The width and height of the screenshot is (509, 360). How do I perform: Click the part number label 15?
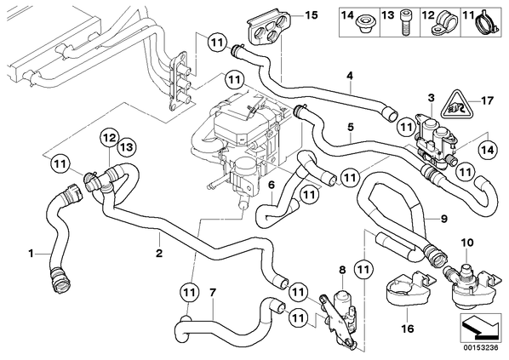coord(311,15)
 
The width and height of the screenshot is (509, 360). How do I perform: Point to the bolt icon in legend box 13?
coord(405,24)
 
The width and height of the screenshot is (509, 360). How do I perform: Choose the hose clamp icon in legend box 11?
coord(487,23)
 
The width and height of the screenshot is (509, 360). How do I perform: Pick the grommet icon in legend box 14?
coord(364,25)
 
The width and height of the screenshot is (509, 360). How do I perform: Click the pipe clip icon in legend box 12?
coord(443,23)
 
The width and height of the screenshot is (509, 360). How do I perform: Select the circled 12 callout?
coord(110,138)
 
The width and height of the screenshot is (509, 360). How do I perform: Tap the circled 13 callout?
coord(127,148)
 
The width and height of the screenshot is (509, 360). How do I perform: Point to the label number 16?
coord(408,329)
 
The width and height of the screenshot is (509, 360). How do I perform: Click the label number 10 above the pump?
coord(467,243)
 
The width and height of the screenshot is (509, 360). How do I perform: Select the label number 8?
coord(343,270)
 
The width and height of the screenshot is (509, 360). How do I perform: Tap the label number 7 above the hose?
coord(212,293)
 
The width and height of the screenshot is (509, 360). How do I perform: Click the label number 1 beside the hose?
coord(31,253)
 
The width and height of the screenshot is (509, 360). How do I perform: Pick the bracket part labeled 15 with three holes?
coord(269,26)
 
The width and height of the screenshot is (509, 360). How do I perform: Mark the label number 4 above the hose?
coord(349,76)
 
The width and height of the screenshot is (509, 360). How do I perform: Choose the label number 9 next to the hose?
coord(443,219)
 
